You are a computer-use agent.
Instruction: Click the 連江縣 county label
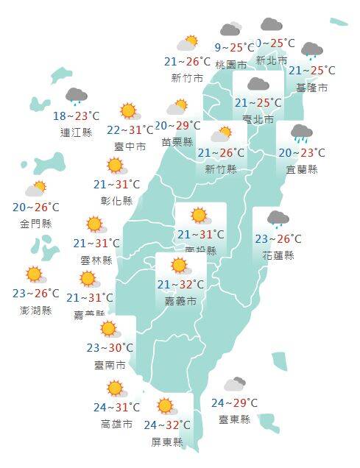(76, 133)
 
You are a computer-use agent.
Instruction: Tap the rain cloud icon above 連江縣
(77, 96)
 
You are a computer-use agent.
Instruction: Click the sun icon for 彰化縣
(116, 166)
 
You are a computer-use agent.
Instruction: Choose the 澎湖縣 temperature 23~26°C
(36, 294)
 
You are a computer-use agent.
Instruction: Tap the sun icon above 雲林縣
(94, 224)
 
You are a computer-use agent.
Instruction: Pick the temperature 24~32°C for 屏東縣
(166, 425)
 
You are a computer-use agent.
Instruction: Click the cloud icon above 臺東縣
(234, 384)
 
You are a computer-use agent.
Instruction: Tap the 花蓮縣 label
(278, 255)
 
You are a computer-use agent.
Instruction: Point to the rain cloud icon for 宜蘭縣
(301, 133)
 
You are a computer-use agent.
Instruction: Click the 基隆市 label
(311, 87)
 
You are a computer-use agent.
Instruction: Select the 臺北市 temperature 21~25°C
(258, 103)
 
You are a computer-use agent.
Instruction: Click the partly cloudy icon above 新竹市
(187, 43)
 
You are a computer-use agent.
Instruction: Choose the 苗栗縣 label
(177, 142)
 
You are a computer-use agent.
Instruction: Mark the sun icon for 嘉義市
(179, 266)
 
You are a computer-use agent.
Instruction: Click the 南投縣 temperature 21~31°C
(200, 235)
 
